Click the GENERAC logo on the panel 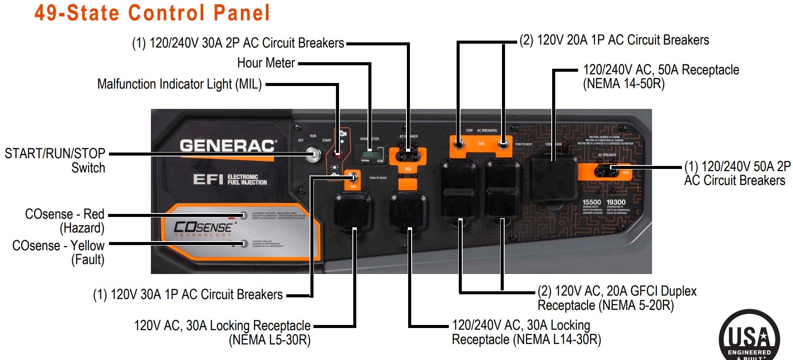(x=227, y=146)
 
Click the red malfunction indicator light (x=339, y=153)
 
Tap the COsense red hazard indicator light (x=243, y=215)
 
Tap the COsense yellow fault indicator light (x=244, y=243)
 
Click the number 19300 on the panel (x=616, y=202)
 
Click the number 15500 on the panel (x=592, y=202)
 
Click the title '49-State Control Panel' (x=152, y=13)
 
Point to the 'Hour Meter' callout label (x=266, y=63)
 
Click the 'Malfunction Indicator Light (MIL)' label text (x=179, y=84)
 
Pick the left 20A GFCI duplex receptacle (x=459, y=190)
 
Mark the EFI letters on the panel (x=208, y=179)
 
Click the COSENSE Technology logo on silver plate (x=203, y=228)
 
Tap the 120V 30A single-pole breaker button (x=353, y=177)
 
